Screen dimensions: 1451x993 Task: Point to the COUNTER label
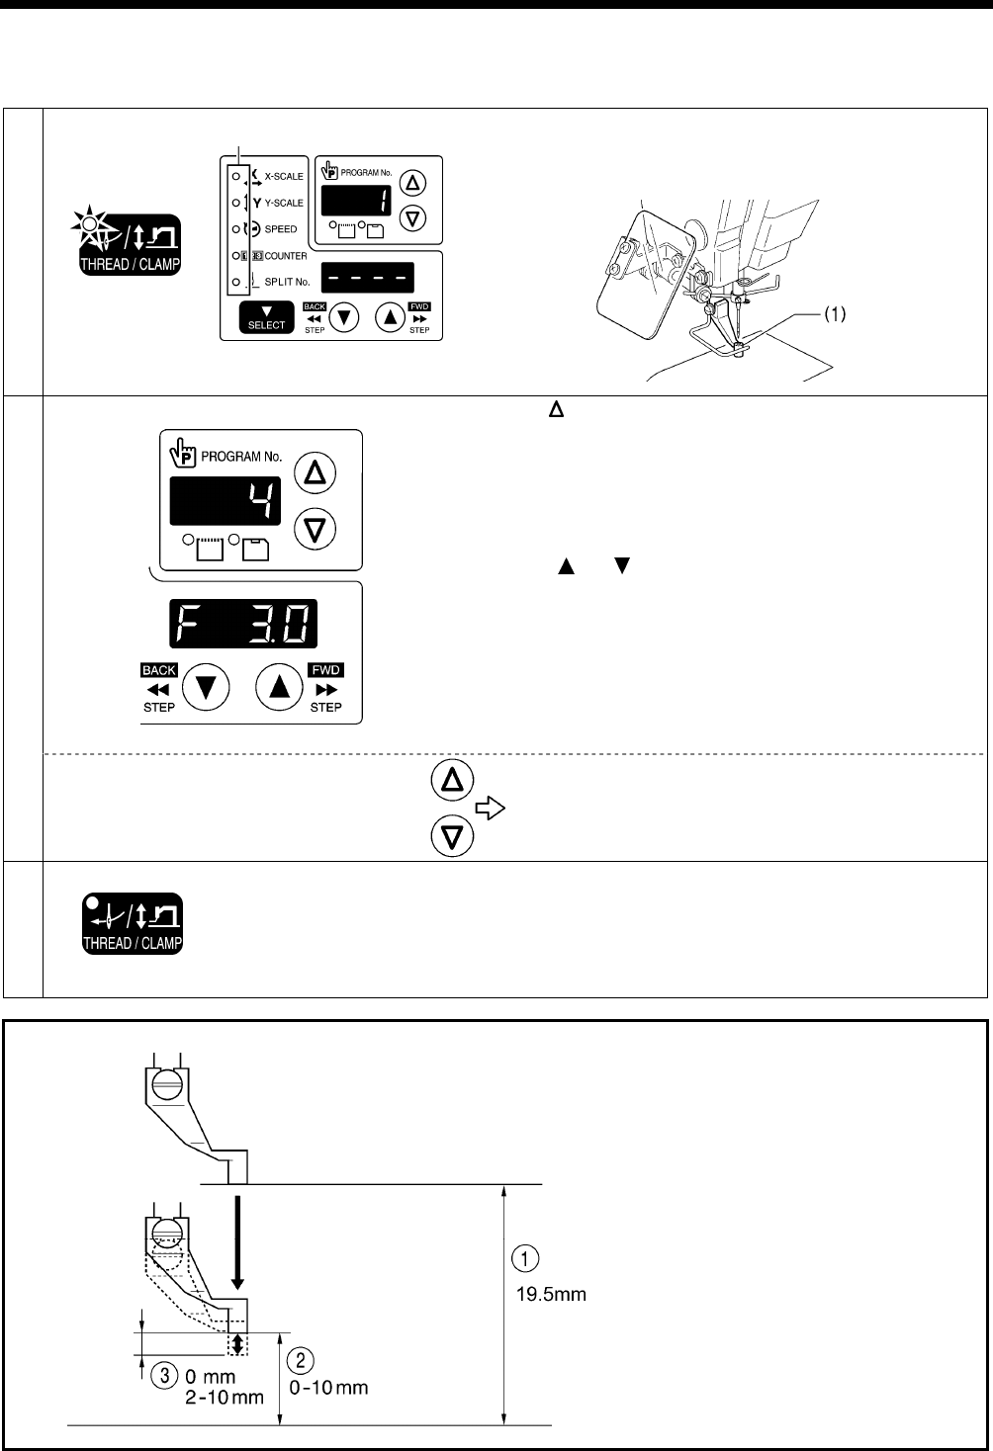[284, 256]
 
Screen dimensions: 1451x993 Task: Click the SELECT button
[266, 319]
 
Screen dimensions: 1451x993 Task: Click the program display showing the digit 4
[226, 500]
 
